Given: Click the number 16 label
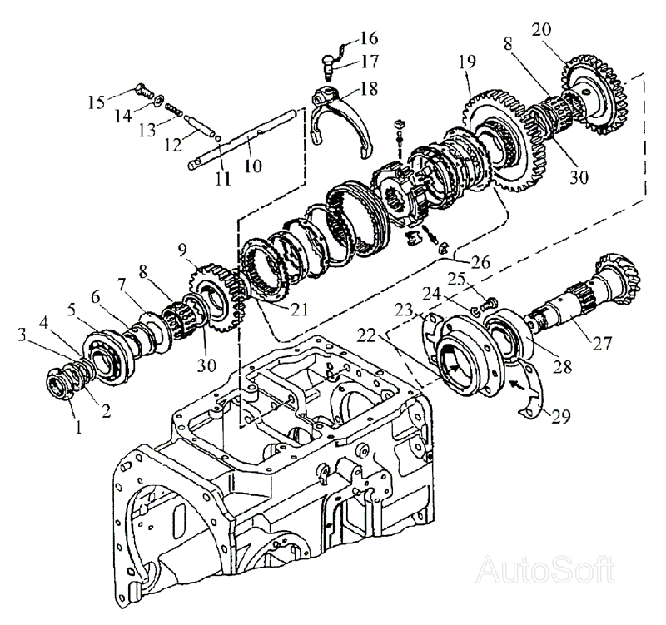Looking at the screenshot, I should (x=368, y=38).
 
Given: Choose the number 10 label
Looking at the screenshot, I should (x=252, y=166).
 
